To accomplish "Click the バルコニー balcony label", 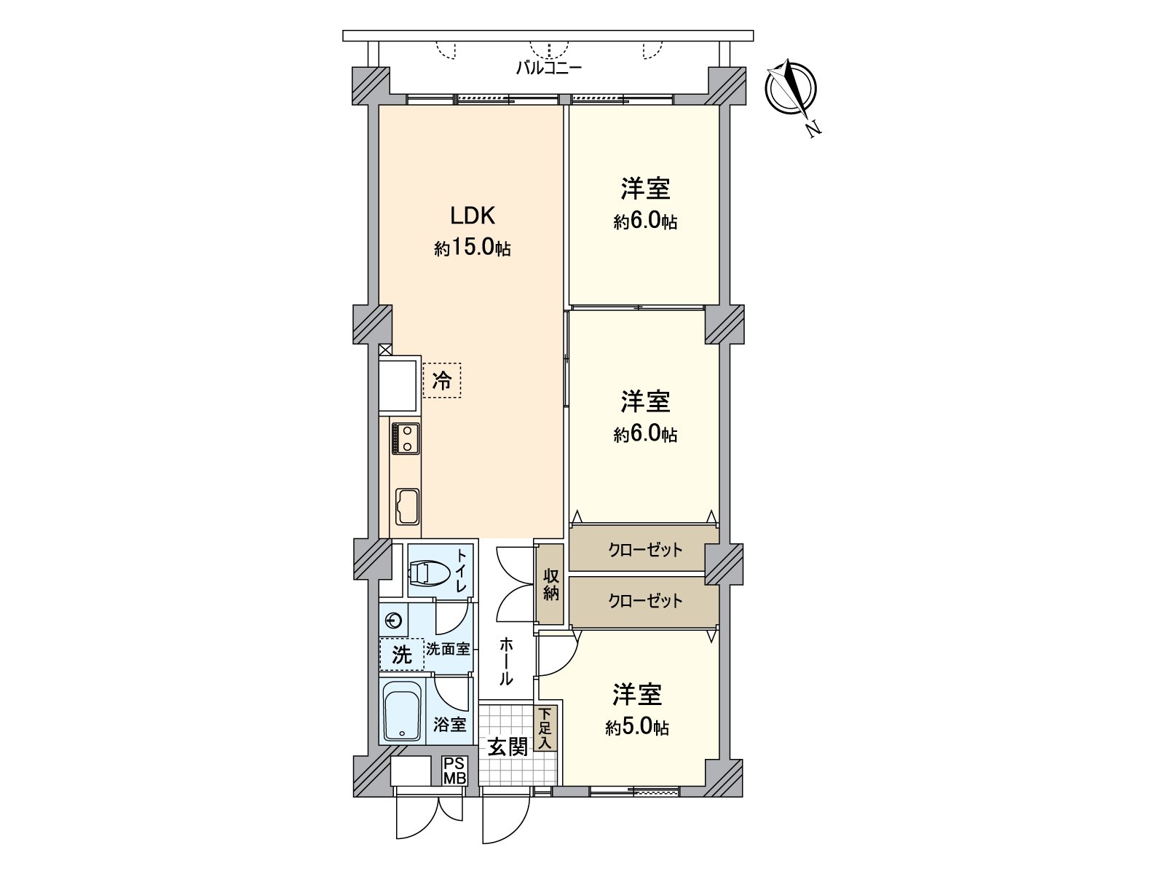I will click(x=549, y=68).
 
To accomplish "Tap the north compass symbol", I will click(x=790, y=89).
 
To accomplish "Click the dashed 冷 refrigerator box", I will click(x=441, y=380).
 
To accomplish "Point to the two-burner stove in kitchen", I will click(x=406, y=438).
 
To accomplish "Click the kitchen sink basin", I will click(x=407, y=505).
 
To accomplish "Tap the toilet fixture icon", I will click(x=428, y=572).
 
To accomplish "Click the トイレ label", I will click(x=462, y=571).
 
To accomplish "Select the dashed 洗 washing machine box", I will click(x=401, y=654).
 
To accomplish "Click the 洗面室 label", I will click(x=448, y=649).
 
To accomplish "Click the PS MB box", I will click(x=455, y=771).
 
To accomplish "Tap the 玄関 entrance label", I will click(x=508, y=747).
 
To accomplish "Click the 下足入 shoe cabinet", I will click(x=545, y=728).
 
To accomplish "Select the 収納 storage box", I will click(x=550, y=584).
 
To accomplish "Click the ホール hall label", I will click(x=505, y=661).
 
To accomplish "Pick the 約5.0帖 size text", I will click(x=637, y=728).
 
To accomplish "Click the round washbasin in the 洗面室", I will click(x=393, y=621).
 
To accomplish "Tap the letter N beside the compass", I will click(x=813, y=130).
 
